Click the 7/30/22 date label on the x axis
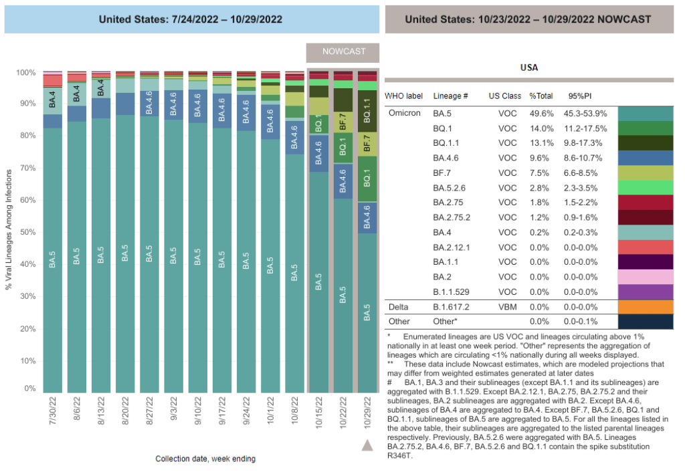pyautogui.click(x=53, y=413)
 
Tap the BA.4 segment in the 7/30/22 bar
pyautogui.click(x=53, y=99)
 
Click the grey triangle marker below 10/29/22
pyautogui.click(x=367, y=445)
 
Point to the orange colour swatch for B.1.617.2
pyautogui.click(x=646, y=307)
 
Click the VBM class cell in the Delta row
pyautogui.click(x=507, y=307)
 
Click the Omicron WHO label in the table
pyautogui.click(x=405, y=113)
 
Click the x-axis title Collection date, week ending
pyautogui.click(x=205, y=459)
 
